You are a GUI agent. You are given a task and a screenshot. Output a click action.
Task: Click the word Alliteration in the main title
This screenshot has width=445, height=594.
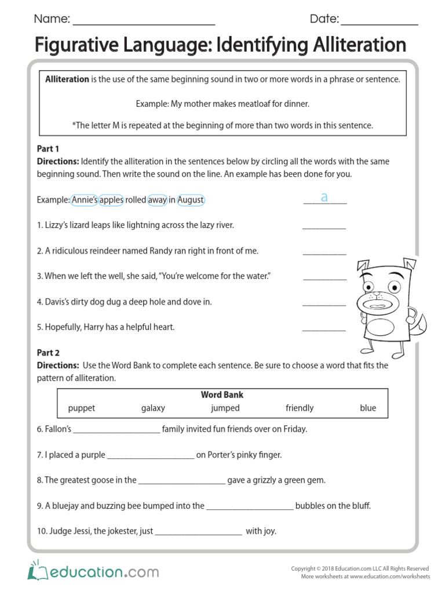click(348, 45)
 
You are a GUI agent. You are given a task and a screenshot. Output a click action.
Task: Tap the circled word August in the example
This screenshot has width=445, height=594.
click(191, 200)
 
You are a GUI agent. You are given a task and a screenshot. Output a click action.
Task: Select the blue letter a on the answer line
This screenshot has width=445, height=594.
click(324, 197)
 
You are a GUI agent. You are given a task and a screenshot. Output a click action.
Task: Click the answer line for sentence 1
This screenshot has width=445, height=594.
click(324, 228)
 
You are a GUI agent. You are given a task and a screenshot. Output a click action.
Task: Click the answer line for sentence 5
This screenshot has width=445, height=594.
click(324, 330)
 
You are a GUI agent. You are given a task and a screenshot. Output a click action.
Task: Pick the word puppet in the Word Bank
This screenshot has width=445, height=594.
click(82, 408)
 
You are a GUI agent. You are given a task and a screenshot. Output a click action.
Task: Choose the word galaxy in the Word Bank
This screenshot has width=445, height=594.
click(153, 408)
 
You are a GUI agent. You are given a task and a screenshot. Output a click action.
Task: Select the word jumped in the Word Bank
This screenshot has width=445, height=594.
click(225, 408)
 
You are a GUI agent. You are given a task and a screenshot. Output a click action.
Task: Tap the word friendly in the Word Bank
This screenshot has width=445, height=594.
click(300, 408)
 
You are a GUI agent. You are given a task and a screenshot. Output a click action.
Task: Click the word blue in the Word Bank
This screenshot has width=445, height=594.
click(368, 408)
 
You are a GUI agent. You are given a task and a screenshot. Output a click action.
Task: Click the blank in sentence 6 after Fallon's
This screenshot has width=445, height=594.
click(117, 432)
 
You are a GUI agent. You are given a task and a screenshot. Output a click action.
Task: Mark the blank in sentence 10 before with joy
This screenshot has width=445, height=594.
click(199, 534)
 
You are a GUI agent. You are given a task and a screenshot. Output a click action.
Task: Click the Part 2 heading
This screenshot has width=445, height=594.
click(49, 353)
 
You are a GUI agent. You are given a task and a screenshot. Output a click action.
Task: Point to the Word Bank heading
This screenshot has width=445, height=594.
click(222, 394)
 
